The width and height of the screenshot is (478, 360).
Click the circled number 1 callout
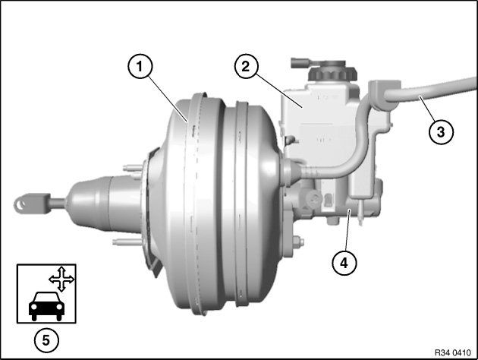[x=140, y=66]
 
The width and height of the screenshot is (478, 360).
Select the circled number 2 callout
[x=247, y=66]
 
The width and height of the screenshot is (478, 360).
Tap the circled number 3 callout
[x=441, y=132]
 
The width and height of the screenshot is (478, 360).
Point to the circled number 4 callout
[x=344, y=262]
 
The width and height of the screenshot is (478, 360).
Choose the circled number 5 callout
[x=46, y=339]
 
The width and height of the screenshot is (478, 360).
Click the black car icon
[x=46, y=306]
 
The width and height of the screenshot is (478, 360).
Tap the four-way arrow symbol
[x=61, y=279]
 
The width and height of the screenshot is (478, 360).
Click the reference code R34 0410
[x=452, y=352]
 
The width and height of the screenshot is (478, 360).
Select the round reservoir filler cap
[x=332, y=71]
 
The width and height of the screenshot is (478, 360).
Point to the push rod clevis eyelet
[x=20, y=204]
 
